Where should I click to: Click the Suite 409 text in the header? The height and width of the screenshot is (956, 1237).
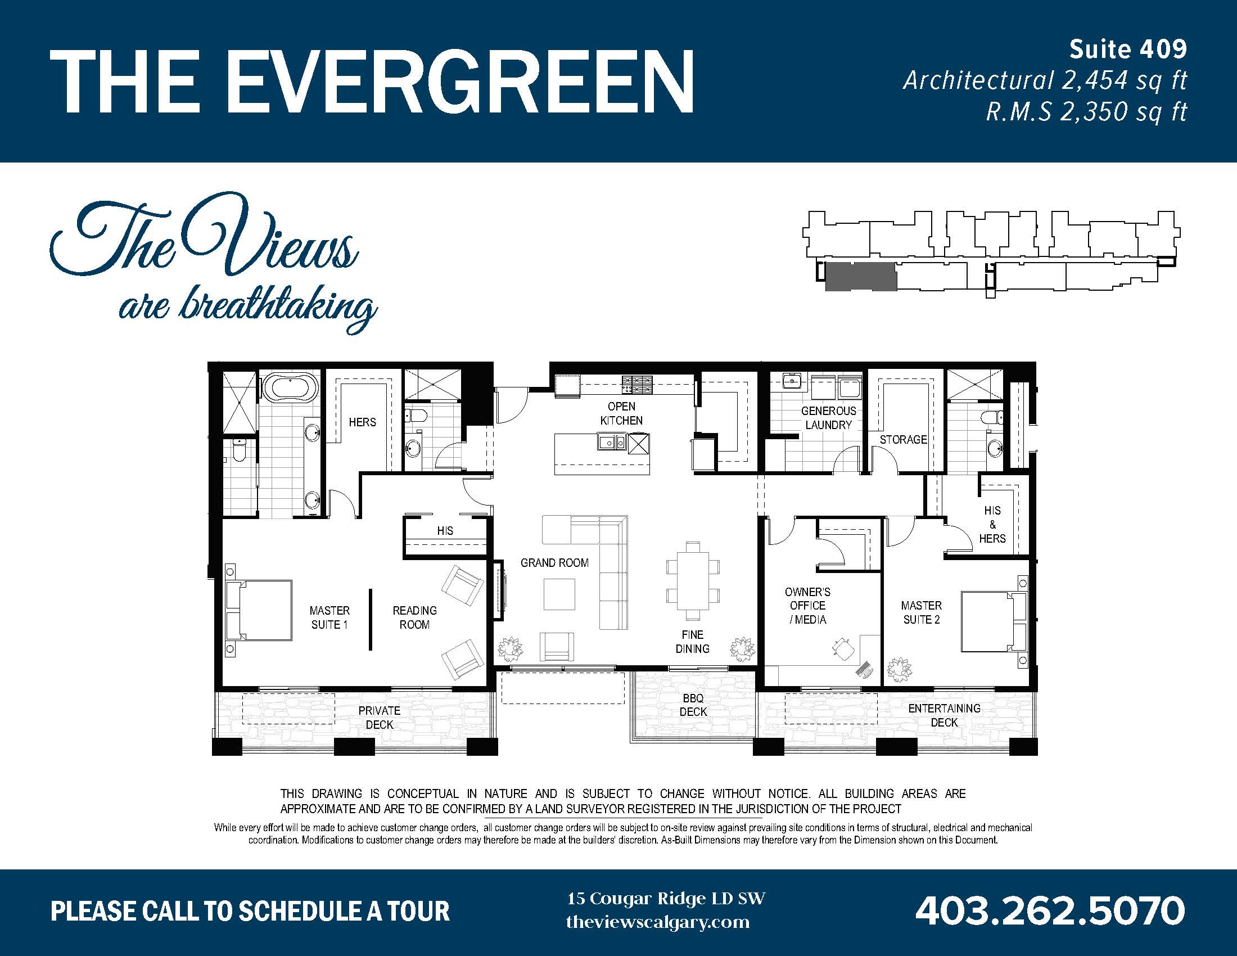[1127, 50]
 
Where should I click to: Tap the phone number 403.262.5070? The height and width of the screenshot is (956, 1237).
[1050, 910]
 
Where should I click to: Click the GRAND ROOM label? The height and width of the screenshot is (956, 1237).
[554, 562]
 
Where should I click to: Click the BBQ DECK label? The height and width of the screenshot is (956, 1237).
[693, 705]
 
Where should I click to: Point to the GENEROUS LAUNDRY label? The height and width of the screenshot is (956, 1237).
[828, 418]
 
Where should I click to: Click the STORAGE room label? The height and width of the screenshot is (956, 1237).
[903, 440]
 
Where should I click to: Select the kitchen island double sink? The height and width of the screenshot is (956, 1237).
[612, 442]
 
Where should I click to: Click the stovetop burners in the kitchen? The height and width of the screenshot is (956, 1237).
[637, 385]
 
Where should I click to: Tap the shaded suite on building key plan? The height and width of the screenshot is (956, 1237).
[860, 277]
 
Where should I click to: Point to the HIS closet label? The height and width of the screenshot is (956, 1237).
[445, 531]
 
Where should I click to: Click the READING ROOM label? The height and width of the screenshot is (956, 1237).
[414, 617]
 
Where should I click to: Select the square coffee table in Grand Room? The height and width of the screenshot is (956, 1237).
[559, 594]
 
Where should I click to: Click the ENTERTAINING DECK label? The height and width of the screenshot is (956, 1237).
[943, 715]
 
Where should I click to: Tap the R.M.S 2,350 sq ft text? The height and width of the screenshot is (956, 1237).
[1086, 111]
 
